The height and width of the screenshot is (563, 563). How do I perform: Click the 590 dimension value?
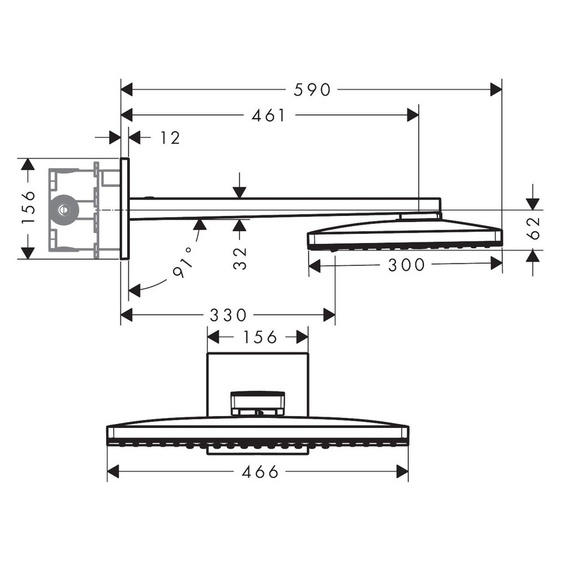click(311, 89)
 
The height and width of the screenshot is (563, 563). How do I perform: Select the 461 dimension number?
click(269, 115)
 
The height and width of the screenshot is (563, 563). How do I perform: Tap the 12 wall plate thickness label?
click(170, 138)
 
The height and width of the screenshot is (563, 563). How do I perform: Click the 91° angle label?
click(183, 262)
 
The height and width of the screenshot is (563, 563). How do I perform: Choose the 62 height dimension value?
click(535, 228)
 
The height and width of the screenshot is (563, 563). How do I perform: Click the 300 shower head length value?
click(406, 265)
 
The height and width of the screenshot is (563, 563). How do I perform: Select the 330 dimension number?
click(228, 315)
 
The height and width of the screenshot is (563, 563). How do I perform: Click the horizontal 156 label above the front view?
click(258, 337)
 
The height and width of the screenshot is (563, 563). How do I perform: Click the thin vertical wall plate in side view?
click(125, 209)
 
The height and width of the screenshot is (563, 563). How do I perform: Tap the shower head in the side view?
click(404, 236)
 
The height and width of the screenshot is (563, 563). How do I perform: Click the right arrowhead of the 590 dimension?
click(496, 89)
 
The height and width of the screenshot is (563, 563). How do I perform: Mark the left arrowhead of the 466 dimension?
click(113, 472)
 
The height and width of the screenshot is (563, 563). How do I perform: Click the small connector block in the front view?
click(258, 403)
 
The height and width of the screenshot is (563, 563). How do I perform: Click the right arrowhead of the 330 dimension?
click(329, 315)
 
